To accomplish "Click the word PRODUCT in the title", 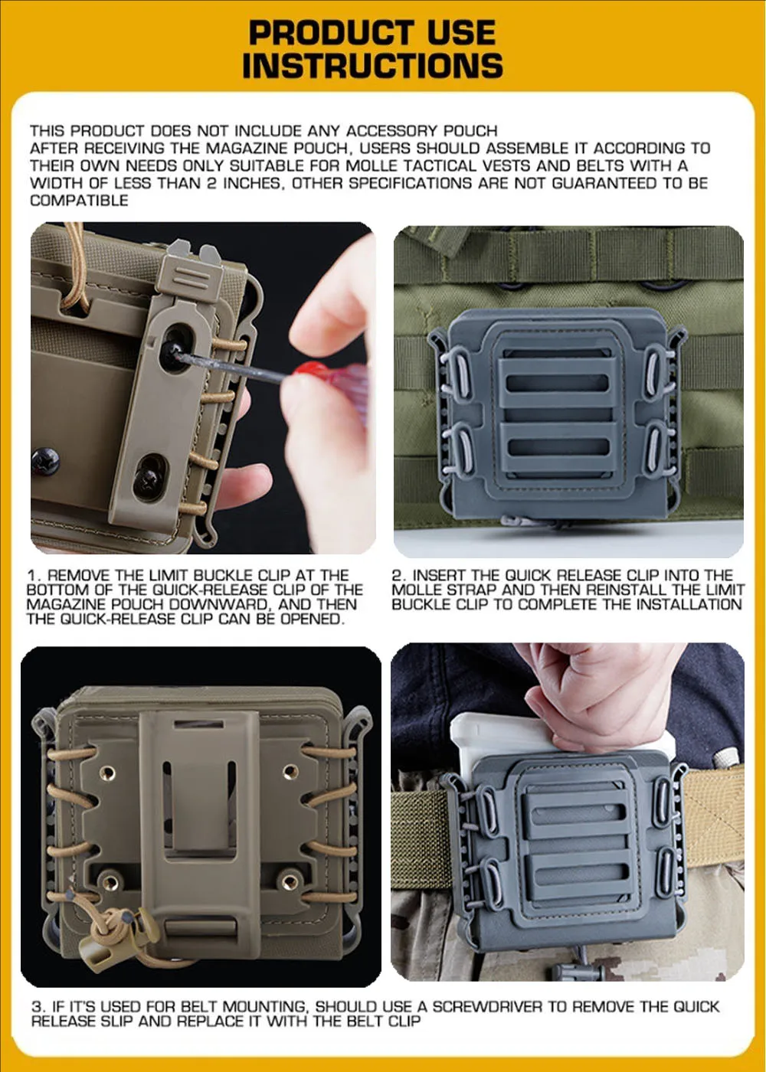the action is pos(331,33).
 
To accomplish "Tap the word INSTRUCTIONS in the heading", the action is pos(372,65).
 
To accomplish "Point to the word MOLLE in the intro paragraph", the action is pos(371,165).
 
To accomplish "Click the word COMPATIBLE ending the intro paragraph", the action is pos(79,200).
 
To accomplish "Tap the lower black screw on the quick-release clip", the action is pos(149,476).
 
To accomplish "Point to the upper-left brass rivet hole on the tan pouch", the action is pos(107,773).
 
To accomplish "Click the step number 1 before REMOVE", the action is pos(32,575).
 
